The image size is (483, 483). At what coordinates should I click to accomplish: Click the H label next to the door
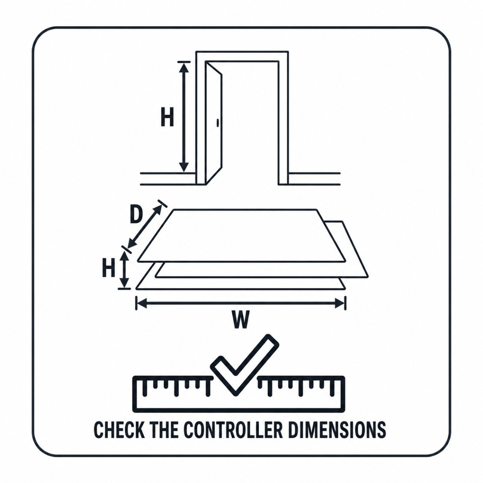pos(167,117)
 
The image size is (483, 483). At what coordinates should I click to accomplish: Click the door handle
pos(217,123)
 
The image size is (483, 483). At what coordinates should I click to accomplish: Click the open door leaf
pos(214,123)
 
